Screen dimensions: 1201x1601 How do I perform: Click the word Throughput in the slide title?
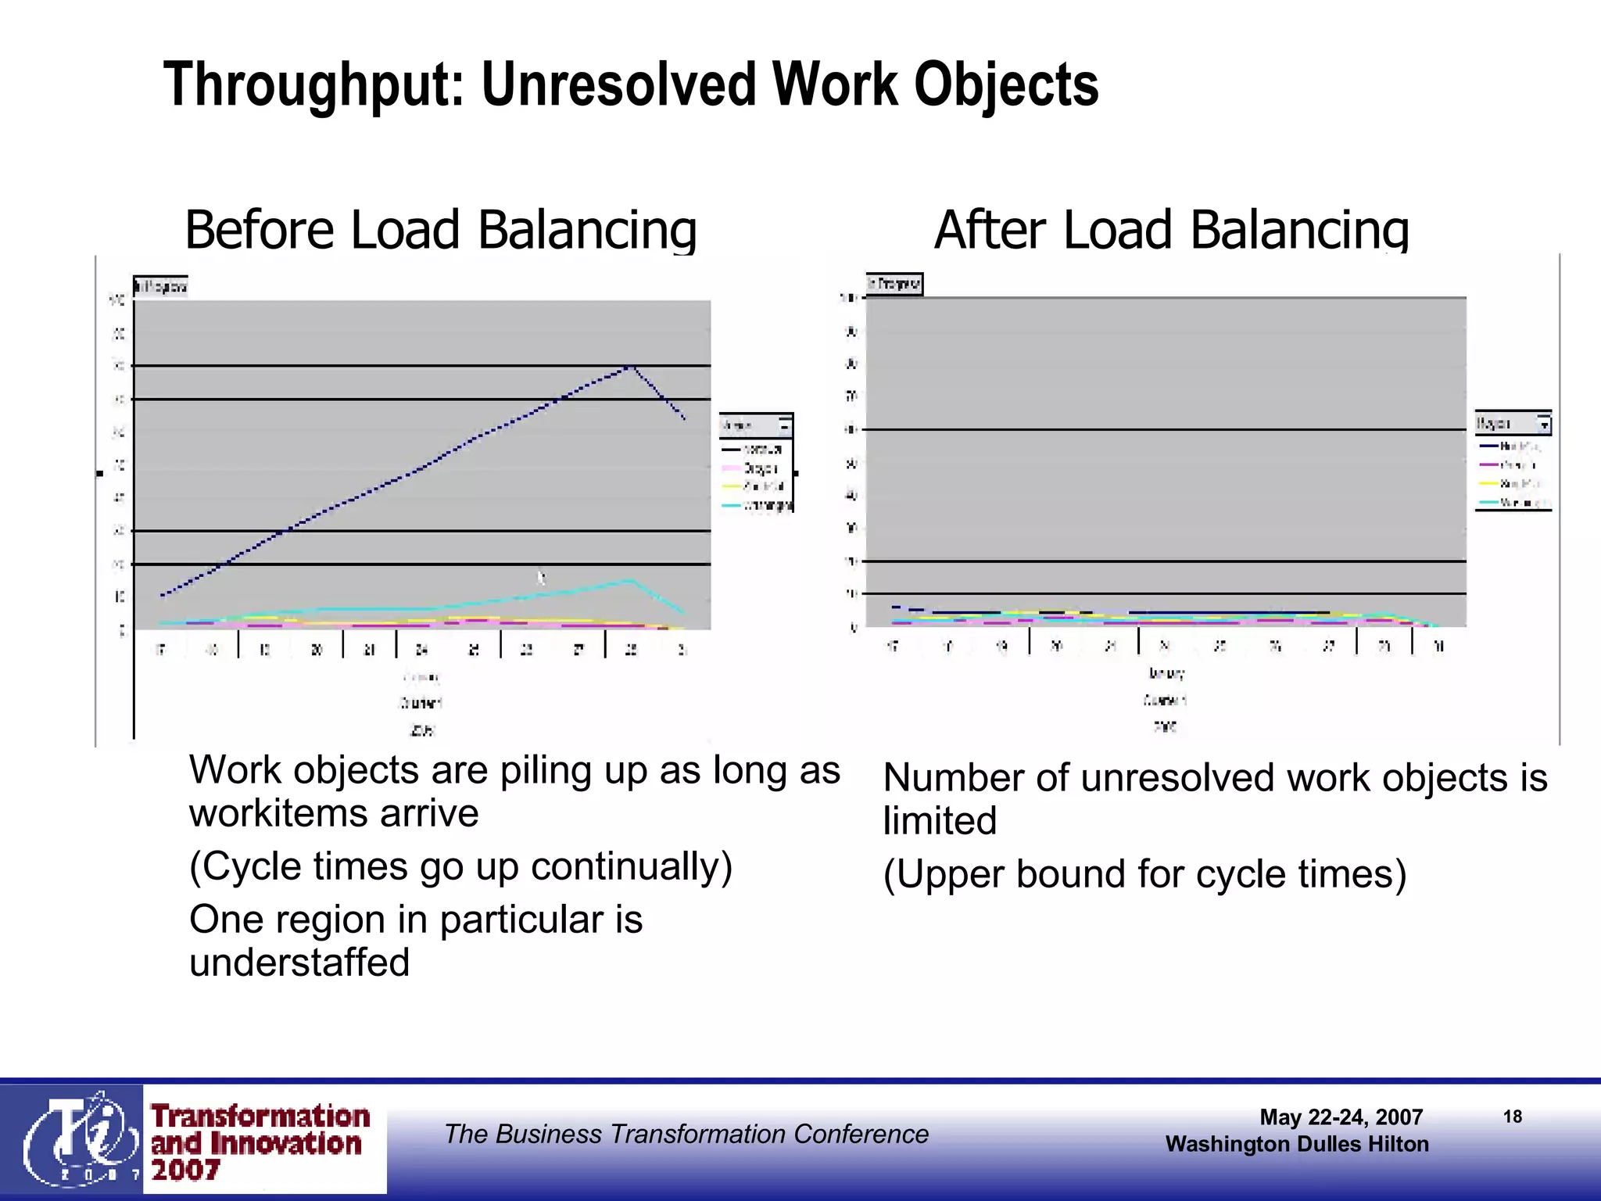coord(313,86)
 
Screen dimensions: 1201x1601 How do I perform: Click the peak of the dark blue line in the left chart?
coord(631,366)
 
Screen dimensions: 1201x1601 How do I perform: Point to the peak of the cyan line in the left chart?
coord(631,580)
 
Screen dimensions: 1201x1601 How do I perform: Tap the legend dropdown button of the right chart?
coord(1544,425)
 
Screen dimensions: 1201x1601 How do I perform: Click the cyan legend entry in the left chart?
coord(757,506)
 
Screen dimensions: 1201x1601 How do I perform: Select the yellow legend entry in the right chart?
coord(1512,484)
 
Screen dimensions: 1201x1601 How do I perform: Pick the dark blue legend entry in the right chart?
coord(1512,446)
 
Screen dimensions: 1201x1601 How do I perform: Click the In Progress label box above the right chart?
coord(895,284)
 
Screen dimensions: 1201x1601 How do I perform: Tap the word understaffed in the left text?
coord(299,963)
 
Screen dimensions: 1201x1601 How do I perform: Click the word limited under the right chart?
coord(940,821)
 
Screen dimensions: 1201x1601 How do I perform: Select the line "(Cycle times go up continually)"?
coord(460,866)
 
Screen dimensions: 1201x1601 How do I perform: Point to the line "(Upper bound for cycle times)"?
coord(1144,874)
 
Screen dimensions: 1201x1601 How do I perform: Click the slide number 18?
coord(1513,1117)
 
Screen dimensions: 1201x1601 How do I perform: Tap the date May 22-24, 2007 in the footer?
coord(1341,1117)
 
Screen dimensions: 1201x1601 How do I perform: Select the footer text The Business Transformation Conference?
coord(686,1134)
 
